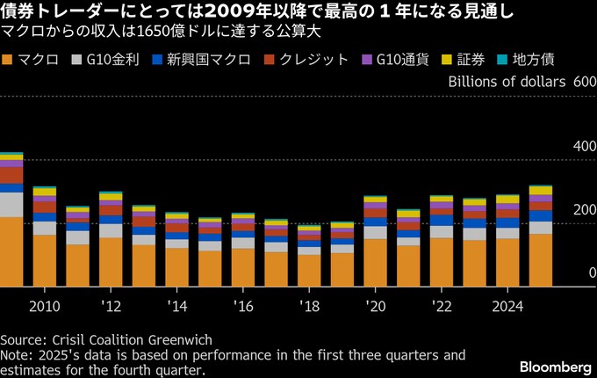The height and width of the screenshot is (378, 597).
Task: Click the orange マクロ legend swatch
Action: pos(8,60)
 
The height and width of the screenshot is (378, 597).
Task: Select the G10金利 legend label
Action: pos(113,60)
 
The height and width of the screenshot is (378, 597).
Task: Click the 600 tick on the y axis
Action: pos(584,81)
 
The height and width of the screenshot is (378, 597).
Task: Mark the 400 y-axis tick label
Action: pos(584,146)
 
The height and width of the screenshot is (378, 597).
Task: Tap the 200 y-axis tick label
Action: pos(584,210)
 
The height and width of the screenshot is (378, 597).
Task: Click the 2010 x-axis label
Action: pos(45,307)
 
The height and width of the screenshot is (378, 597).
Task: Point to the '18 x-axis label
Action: pos(309,307)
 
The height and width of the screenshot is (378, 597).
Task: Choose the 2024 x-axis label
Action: pos(507,307)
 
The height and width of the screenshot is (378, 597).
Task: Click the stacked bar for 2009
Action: pos(11,220)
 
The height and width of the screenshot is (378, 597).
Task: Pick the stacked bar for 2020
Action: pos(376,241)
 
